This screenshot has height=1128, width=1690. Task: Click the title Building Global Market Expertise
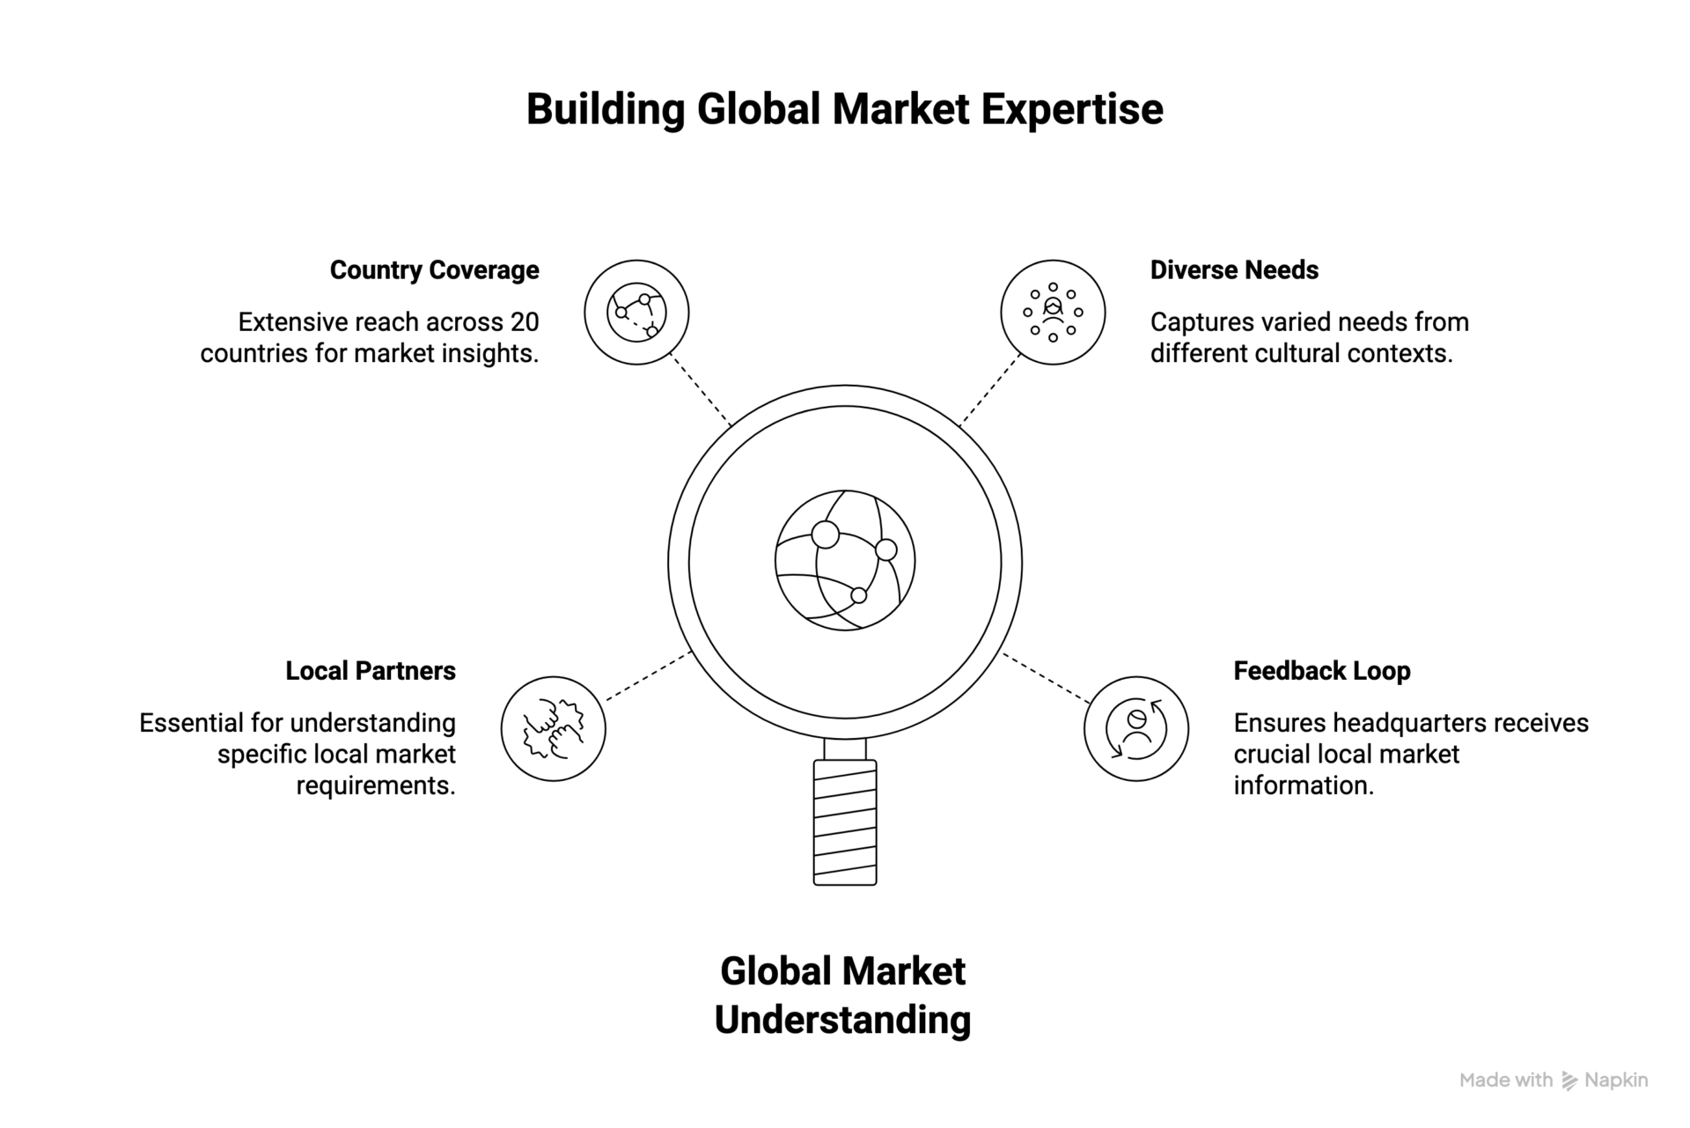(844, 110)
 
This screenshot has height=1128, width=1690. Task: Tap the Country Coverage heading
(434, 270)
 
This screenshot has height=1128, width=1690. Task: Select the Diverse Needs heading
(1234, 270)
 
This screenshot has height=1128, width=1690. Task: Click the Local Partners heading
(371, 671)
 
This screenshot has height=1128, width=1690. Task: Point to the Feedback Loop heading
(1321, 671)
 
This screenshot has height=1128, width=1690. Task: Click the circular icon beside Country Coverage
(636, 312)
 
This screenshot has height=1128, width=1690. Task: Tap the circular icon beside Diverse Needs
(1053, 312)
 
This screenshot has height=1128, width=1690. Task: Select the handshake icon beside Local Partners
(554, 728)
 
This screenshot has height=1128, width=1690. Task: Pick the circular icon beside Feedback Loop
(1135, 728)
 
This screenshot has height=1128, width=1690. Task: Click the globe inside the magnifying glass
(845, 560)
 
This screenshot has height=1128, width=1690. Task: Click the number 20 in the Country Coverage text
(524, 322)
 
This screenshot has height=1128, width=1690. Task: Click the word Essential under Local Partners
(191, 723)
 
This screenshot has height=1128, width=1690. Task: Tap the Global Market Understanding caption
(843, 996)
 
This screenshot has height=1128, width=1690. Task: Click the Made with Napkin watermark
(1554, 1080)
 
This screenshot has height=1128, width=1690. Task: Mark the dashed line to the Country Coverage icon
(701, 389)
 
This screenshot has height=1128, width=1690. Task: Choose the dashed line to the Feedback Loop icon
(1047, 678)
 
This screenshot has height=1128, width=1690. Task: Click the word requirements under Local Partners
(376, 785)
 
